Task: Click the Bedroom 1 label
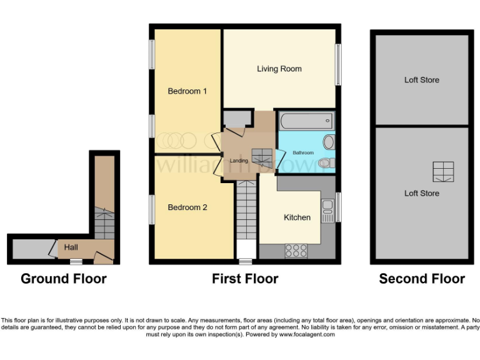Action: (x=187, y=91)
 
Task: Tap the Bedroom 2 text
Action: (x=187, y=207)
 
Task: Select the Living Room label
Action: (x=279, y=69)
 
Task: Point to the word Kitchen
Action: (x=297, y=217)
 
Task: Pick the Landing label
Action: (x=239, y=161)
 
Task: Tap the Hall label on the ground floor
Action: (x=71, y=247)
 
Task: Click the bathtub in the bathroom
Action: (x=306, y=121)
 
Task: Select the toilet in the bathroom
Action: (x=325, y=164)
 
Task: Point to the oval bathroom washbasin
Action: (x=329, y=142)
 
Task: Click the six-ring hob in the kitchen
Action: (x=296, y=251)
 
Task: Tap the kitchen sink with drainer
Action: (x=327, y=211)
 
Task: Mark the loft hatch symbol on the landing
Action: (x=262, y=156)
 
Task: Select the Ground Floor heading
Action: (x=64, y=279)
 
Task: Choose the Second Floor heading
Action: (x=422, y=279)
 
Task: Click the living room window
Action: (x=338, y=64)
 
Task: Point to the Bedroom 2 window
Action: (x=151, y=209)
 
